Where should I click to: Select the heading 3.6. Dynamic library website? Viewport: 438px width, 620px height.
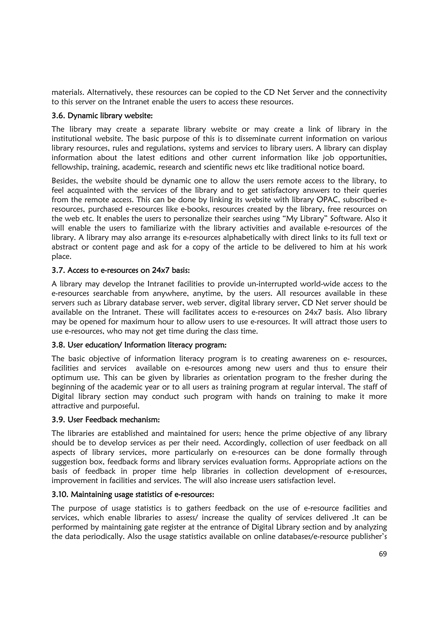[102, 116]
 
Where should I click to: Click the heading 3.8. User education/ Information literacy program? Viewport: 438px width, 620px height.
[139, 345]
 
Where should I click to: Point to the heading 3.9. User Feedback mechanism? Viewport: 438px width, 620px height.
[106, 420]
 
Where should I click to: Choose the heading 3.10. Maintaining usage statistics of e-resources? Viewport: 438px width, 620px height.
[133, 494]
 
